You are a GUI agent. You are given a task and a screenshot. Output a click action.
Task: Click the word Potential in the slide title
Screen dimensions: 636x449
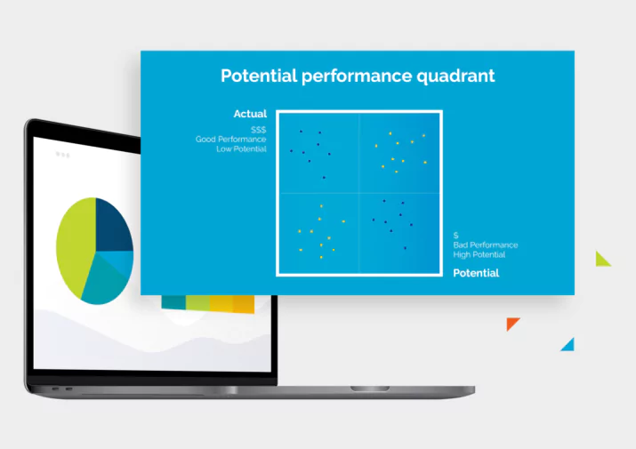click(x=259, y=76)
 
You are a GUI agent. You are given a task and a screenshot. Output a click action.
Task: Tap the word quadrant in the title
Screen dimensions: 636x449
click(x=455, y=76)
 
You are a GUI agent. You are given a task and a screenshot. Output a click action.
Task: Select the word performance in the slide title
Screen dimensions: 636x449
click(x=357, y=76)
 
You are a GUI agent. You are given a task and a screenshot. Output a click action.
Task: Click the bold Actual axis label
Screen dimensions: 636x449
click(x=250, y=114)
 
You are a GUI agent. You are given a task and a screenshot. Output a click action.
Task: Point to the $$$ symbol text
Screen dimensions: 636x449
click(x=258, y=130)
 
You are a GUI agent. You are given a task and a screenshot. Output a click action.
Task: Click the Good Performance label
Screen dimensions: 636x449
click(x=230, y=139)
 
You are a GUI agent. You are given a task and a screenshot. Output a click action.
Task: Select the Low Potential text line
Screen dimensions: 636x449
click(x=241, y=148)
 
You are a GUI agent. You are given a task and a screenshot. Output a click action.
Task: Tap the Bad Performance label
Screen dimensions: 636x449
click(x=486, y=245)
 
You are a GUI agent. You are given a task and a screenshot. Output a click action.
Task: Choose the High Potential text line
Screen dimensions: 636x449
click(x=479, y=254)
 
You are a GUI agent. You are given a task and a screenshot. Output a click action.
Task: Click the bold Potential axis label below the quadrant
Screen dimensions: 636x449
click(x=476, y=273)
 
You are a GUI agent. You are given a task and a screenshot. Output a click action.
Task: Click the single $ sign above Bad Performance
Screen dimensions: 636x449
click(x=456, y=236)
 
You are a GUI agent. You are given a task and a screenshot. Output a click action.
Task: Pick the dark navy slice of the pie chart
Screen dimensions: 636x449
click(x=112, y=224)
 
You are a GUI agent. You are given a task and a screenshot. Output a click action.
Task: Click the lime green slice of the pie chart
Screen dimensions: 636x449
click(x=76, y=245)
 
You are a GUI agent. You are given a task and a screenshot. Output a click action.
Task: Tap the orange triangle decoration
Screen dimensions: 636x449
click(x=511, y=324)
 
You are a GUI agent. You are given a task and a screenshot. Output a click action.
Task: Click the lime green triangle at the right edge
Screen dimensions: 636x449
click(x=601, y=260)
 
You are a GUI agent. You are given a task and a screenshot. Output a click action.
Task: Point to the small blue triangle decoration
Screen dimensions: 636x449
click(x=569, y=346)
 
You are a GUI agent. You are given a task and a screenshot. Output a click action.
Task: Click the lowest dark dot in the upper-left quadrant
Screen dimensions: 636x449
click(x=324, y=178)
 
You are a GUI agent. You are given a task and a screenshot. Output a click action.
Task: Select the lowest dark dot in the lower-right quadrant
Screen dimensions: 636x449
click(x=405, y=248)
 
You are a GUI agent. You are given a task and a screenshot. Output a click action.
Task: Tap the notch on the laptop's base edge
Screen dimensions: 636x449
click(x=370, y=389)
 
